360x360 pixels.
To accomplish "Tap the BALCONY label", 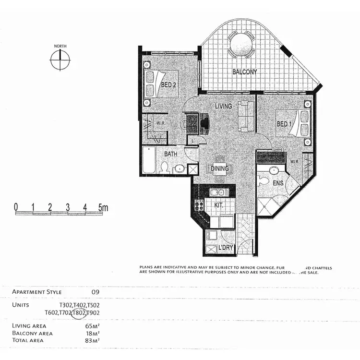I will (245, 72).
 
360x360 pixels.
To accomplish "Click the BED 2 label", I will (169, 85).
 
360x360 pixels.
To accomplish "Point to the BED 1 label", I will (284, 124).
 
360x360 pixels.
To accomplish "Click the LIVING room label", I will (224, 106).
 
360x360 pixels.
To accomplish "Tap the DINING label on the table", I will (220, 168).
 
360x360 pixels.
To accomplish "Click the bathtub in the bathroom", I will (149, 160).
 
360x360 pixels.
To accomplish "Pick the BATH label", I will (171, 154).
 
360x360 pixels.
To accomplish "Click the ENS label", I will (278, 183).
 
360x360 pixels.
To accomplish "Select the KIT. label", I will (218, 204).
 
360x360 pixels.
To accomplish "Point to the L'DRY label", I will (226, 249).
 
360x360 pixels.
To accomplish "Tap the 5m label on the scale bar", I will (103, 207).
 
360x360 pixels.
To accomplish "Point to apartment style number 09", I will (96, 291).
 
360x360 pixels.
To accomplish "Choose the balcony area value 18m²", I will (92, 333).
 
